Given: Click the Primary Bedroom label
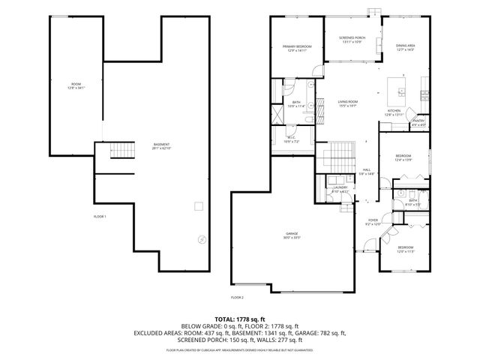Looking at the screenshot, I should pyautogui.click(x=297, y=49).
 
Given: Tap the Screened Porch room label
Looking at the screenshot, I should pyautogui.click(x=352, y=39).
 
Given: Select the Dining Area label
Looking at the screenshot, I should pyautogui.click(x=406, y=48).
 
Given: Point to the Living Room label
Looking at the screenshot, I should pyautogui.click(x=346, y=104).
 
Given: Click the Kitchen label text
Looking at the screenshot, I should pyautogui.click(x=394, y=112).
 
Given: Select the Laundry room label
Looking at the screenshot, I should pyautogui.click(x=341, y=190).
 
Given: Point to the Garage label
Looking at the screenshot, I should pyautogui.click(x=292, y=236).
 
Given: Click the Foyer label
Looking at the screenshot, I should pyautogui.click(x=373, y=222).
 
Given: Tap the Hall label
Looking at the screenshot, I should pyautogui.click(x=367, y=172).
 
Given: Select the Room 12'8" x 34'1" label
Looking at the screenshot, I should pyautogui.click(x=76, y=85).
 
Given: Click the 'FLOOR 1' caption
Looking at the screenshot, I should pyautogui.click(x=100, y=217).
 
